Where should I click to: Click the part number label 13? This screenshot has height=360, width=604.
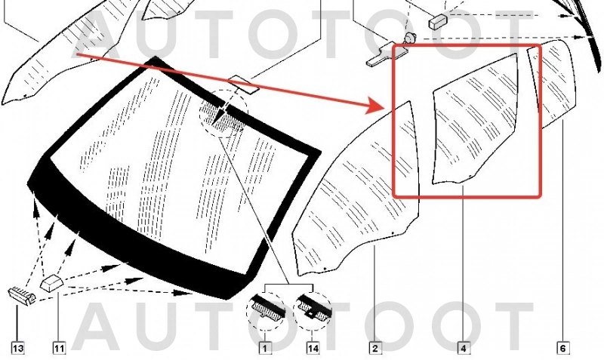(17, 349)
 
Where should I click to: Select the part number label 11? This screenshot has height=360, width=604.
(59, 349)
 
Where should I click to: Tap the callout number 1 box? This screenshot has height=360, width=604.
(265, 349)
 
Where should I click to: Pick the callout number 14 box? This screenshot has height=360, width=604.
(313, 349)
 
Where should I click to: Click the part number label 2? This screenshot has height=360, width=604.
(375, 349)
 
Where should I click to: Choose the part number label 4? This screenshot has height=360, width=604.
(464, 349)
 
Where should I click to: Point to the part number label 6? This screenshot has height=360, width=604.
(562, 349)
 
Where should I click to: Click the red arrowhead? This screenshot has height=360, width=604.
(375, 105)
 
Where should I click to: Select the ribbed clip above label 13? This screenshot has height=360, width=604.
(22, 295)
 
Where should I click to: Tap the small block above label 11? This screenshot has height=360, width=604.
(51, 283)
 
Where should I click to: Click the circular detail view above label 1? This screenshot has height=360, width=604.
(266, 310)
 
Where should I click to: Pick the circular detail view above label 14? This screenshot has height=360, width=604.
(313, 310)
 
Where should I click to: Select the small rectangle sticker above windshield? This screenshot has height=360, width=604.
(243, 85)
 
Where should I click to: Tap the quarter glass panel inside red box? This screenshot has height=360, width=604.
(475, 118)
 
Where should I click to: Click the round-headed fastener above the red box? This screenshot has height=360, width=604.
(409, 38)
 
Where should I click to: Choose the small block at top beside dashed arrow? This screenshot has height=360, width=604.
(438, 22)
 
